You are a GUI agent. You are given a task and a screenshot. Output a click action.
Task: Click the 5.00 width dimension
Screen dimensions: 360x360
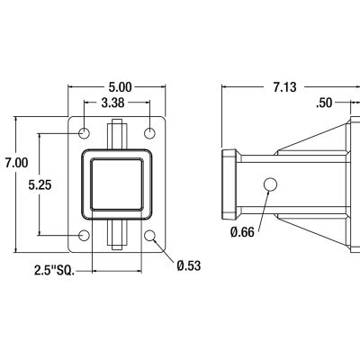(x=119, y=87)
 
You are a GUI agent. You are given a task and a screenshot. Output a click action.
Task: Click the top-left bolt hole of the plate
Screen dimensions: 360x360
(x=85, y=133)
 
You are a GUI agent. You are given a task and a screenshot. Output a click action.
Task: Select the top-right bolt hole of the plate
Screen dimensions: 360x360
(x=151, y=133)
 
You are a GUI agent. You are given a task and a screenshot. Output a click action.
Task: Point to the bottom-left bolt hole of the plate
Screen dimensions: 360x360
(x=85, y=236)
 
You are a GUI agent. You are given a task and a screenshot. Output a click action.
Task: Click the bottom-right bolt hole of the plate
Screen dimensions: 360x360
(x=151, y=236)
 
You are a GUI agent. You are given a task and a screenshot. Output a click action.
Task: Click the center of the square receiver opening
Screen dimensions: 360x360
(x=118, y=184)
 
